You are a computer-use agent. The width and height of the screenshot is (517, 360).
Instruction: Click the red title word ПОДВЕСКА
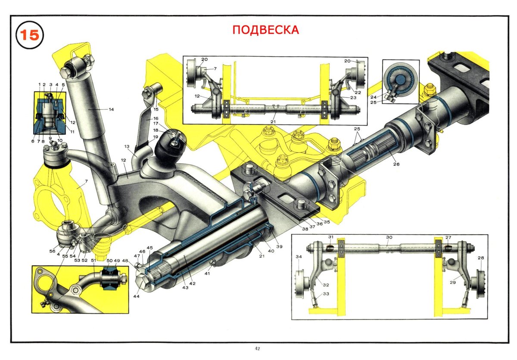[x=265, y=30]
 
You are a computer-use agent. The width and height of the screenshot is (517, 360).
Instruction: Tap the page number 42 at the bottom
[x=257, y=348]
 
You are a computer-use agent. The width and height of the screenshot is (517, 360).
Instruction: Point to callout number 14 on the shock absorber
[x=111, y=109]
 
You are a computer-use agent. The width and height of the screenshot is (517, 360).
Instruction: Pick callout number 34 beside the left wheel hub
[x=298, y=257]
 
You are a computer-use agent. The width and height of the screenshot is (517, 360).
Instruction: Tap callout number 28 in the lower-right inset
[x=481, y=258]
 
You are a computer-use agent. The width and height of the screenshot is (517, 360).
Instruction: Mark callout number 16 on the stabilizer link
[x=156, y=118]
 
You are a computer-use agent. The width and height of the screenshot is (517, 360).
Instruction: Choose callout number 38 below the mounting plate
[x=305, y=229]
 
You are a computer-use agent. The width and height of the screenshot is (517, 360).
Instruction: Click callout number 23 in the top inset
[x=354, y=97]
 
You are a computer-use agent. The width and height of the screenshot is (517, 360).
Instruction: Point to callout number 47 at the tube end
[x=136, y=256]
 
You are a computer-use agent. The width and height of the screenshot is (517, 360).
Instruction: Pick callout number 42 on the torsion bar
[x=193, y=284]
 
